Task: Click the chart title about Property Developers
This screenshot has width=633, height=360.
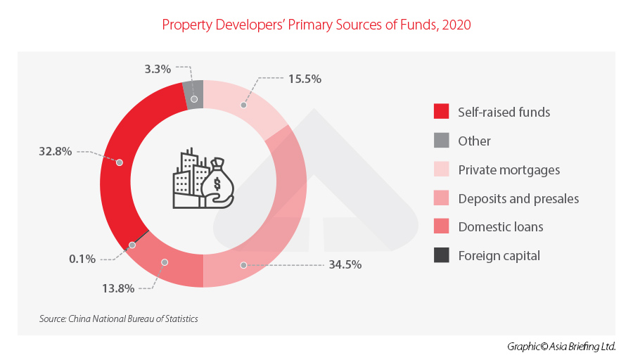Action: (316, 25)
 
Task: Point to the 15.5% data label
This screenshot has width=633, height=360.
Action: (305, 79)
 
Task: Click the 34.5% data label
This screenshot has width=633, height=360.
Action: (345, 265)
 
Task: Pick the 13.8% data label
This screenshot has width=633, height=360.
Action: (117, 288)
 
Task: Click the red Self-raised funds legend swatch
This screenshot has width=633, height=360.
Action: (441, 112)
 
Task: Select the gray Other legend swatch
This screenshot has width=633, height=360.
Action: (441, 141)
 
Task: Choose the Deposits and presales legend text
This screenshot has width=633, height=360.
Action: (518, 198)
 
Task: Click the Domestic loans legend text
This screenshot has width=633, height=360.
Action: (500, 227)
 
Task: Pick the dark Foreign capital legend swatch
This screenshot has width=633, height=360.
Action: (441, 256)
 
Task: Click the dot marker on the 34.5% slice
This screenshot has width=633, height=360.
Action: (244, 265)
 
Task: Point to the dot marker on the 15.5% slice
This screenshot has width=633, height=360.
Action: (244, 105)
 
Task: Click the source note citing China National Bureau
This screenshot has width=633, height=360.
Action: (119, 319)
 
